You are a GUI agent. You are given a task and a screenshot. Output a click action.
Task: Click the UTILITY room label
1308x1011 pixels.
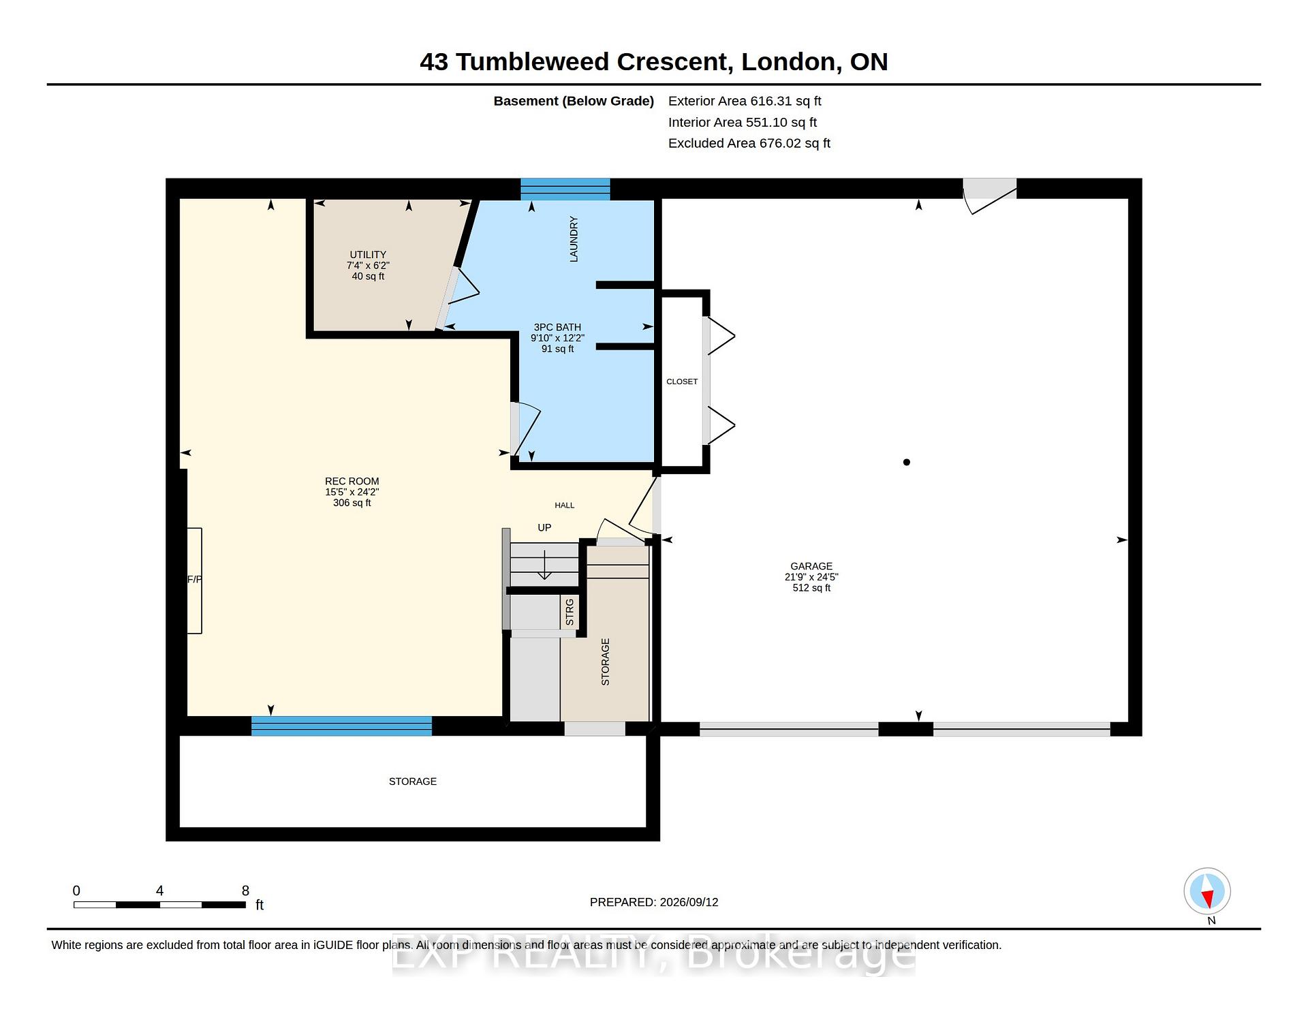coord(368,254)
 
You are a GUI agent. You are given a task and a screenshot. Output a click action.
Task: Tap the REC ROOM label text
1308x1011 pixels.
coord(352,481)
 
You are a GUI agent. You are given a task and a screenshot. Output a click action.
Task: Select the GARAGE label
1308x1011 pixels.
coord(811,566)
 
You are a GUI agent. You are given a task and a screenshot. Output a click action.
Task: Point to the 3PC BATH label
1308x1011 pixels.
coord(557,327)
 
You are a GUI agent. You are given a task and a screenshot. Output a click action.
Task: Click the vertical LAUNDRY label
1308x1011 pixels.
coord(574,239)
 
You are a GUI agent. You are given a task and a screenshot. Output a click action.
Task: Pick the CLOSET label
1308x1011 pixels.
coord(682,382)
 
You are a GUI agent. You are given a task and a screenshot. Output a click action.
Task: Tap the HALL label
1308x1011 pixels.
coord(565,505)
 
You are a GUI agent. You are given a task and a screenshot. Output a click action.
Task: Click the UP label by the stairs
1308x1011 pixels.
coord(544,527)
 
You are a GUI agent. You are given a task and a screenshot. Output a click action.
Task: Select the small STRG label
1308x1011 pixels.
coord(570,612)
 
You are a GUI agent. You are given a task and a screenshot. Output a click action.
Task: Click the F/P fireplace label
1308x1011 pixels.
coord(195,580)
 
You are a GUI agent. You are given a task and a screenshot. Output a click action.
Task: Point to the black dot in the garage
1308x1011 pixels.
coord(907,462)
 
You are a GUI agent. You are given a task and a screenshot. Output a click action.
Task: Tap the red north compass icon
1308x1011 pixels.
coord(1207,891)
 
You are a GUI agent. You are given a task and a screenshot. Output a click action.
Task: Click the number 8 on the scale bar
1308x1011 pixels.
coord(245,890)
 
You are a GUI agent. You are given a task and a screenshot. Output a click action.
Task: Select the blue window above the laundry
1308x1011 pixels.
coord(565,189)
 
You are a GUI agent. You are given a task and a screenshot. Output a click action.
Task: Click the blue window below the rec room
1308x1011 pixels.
coord(341,726)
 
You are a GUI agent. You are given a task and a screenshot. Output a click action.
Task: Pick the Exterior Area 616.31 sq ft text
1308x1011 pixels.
coord(745,101)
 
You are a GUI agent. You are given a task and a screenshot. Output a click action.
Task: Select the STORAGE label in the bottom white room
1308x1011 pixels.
coord(413,781)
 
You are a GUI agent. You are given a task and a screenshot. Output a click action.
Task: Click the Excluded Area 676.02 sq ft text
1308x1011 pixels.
coord(749,143)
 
